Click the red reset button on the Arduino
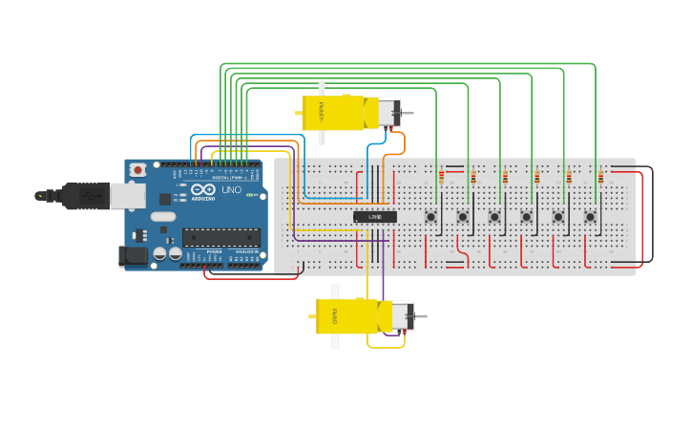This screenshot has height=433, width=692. point(138,169)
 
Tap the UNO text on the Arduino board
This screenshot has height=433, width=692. point(232,189)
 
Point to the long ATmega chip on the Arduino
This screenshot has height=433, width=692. point(220,237)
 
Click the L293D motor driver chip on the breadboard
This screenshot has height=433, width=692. point(375,217)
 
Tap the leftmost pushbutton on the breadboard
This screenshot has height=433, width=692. point(431,217)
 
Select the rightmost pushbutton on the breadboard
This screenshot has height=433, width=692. point(590,217)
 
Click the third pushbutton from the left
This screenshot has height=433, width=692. point(494,217)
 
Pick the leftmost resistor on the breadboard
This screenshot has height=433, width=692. point(441,177)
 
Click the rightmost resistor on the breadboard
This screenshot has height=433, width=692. point(600,177)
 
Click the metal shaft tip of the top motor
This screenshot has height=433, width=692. point(411,114)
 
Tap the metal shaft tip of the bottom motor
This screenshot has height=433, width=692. point(423,315)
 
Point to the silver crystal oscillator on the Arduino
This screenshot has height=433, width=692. point(163,217)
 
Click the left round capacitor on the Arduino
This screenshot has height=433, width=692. point(160,254)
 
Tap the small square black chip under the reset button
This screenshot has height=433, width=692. point(165,199)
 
